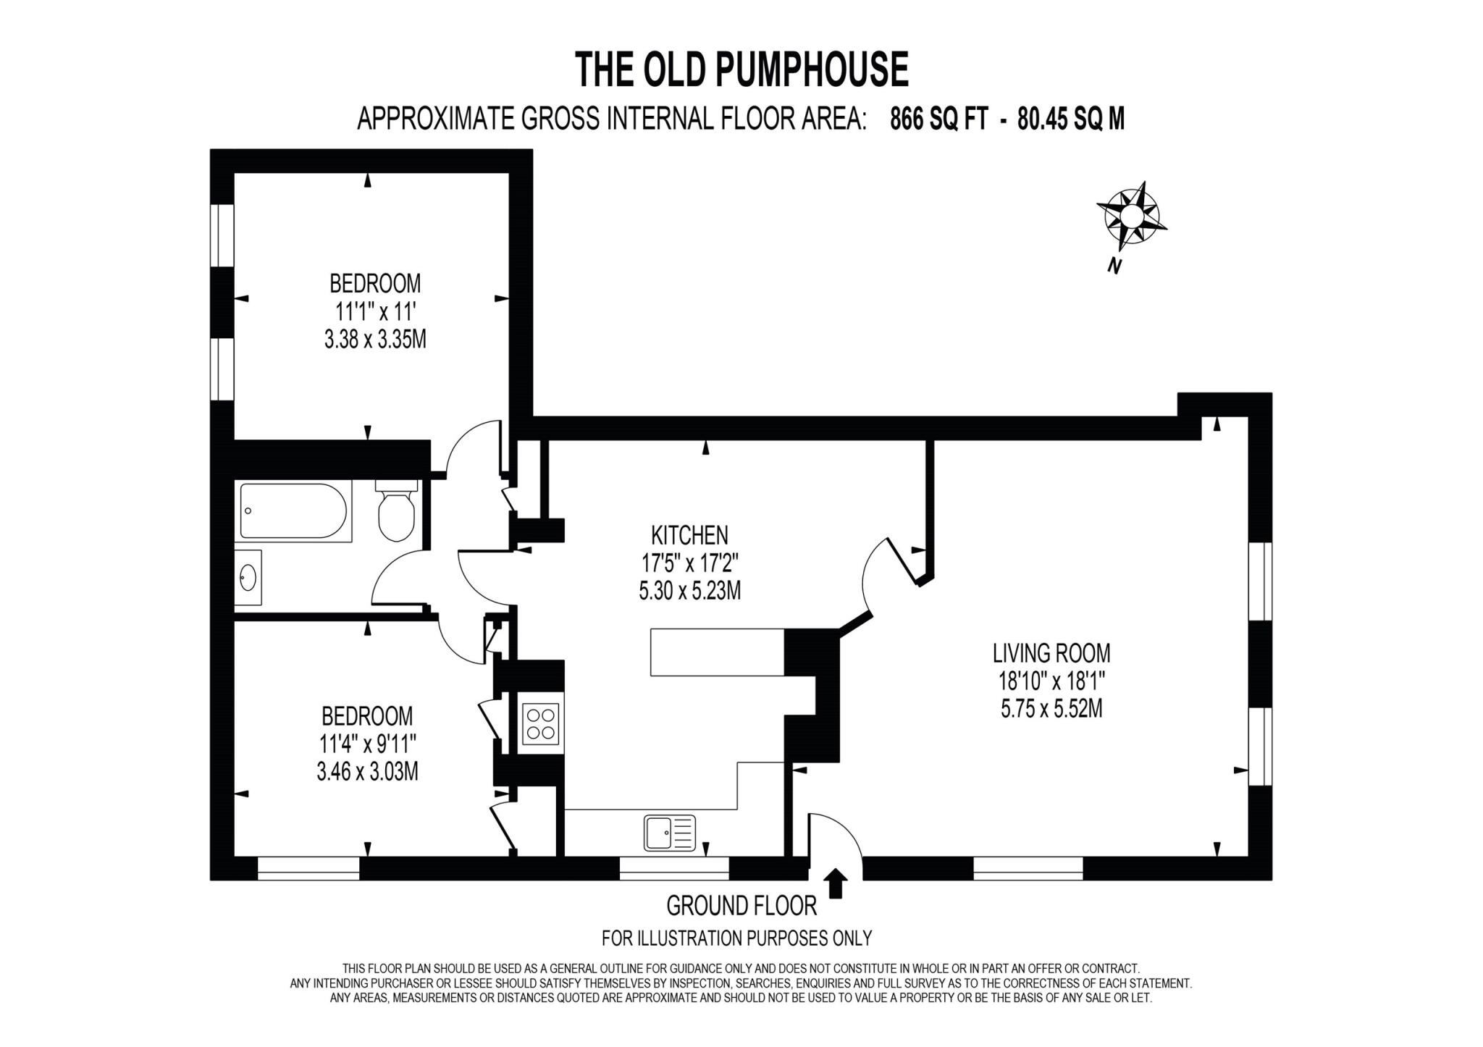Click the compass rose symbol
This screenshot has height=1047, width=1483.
click(1130, 216)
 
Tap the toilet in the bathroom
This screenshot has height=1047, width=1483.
click(396, 513)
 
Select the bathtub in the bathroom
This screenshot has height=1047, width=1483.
click(293, 511)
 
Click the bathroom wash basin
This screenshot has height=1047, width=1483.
click(248, 577)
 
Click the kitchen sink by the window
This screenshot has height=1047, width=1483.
click(669, 833)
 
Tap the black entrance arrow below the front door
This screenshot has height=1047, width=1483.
click(836, 883)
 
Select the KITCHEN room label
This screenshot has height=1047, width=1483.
click(689, 536)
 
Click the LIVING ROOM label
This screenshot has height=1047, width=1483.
click(1051, 653)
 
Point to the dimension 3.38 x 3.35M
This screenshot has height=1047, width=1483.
click(374, 340)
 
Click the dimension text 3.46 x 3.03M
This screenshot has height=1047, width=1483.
click(367, 772)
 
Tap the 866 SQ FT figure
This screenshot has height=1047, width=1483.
click(938, 119)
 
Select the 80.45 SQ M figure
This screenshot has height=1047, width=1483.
click(1070, 119)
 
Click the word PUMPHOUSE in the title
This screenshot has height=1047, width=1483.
click(812, 70)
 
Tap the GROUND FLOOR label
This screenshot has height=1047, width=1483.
click(741, 906)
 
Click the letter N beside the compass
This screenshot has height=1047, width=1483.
click(1114, 266)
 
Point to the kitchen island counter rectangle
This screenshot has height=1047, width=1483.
click(717, 652)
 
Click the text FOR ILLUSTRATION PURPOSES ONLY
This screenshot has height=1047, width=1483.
click(736, 938)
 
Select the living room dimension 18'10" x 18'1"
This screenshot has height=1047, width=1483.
click(1051, 681)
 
